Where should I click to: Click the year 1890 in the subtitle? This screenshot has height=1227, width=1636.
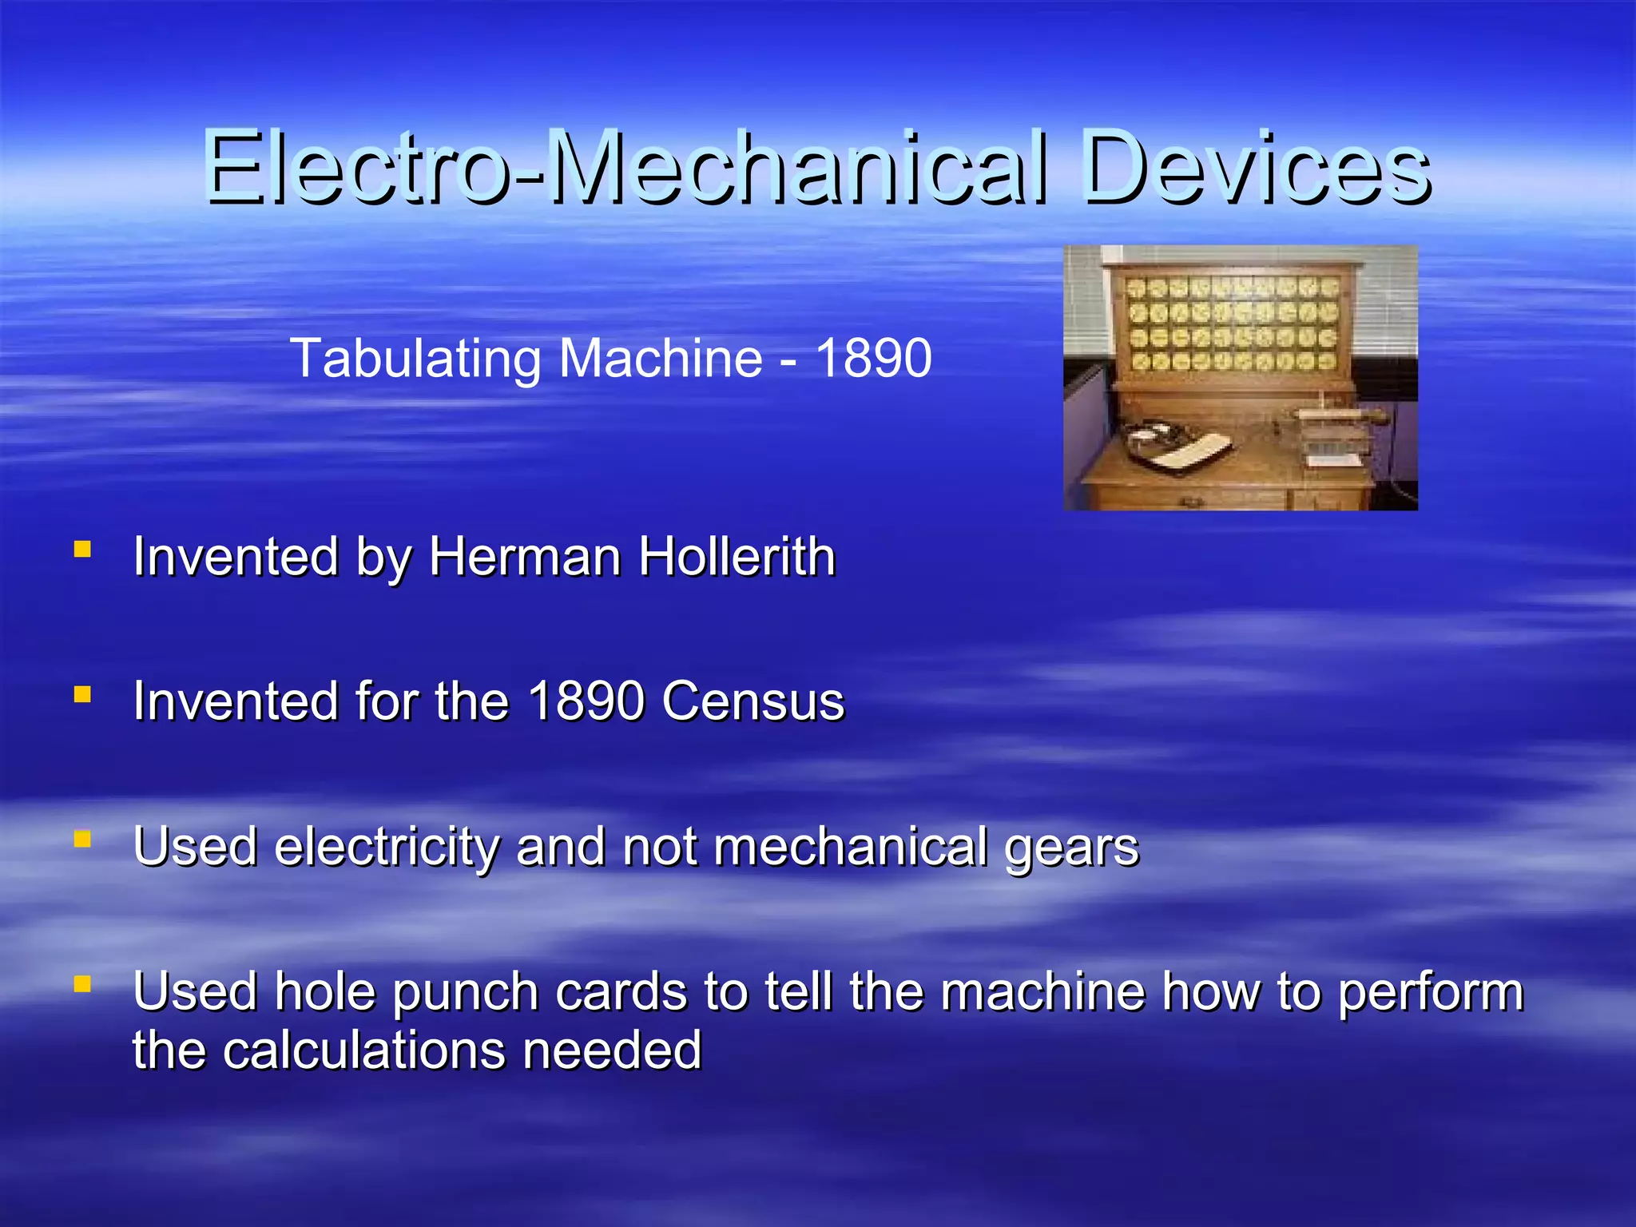[x=873, y=359]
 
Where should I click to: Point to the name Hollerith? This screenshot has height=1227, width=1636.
[x=737, y=557]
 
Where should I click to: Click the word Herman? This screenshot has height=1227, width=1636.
[x=525, y=557]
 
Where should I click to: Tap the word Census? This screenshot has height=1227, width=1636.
[x=752, y=702]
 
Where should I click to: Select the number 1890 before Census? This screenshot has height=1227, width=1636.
[x=586, y=702]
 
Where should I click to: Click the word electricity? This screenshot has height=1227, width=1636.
[x=387, y=847]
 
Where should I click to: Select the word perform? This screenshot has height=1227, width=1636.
[x=1430, y=993]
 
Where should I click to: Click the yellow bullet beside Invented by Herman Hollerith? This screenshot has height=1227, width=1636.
[x=81, y=550]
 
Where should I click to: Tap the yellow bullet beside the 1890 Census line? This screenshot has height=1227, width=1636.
[x=81, y=695]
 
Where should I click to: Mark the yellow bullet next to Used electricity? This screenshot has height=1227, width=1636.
[x=81, y=840]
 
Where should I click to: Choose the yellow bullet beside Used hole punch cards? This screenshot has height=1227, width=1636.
[x=81, y=984]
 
